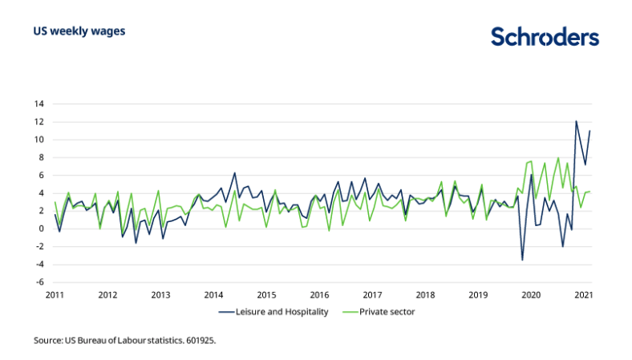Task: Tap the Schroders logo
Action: (545, 37)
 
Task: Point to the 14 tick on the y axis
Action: (38, 104)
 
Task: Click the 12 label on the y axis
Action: (38, 122)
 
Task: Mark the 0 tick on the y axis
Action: (40, 229)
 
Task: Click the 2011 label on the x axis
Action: (55, 294)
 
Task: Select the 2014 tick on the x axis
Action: (213, 294)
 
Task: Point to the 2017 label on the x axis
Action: (372, 294)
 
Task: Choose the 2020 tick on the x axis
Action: (531, 294)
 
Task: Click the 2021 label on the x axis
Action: (583, 294)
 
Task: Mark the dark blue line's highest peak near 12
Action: (576, 122)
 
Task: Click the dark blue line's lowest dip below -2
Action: (522, 260)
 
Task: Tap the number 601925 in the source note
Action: (200, 341)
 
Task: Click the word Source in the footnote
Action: (48, 341)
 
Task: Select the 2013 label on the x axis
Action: (160, 294)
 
